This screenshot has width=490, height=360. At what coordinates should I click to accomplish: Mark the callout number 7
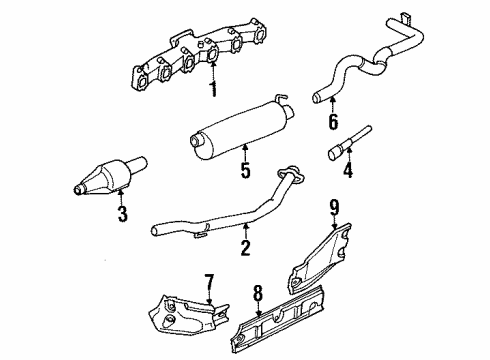pyautogui.click(x=209, y=281)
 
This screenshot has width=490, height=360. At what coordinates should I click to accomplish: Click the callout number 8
pyautogui.click(x=258, y=294)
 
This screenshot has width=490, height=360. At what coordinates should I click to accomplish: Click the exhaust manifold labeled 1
pyautogui.click(x=200, y=60)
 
